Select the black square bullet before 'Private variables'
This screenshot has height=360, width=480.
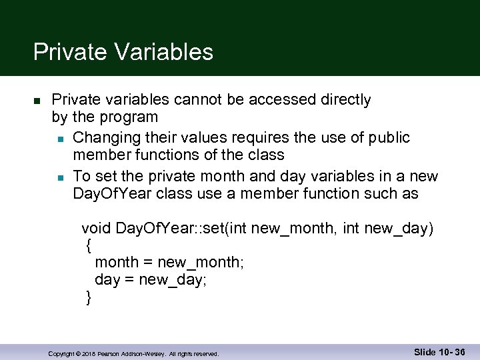click(x=38, y=101)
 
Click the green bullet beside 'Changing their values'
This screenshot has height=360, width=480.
click(x=60, y=139)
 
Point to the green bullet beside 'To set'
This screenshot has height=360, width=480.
click(x=60, y=177)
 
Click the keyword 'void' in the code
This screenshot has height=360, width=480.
click(x=96, y=229)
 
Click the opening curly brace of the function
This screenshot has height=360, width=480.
click(x=89, y=245)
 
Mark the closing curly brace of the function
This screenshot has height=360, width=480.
click(x=89, y=297)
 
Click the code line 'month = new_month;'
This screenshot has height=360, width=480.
click(x=169, y=263)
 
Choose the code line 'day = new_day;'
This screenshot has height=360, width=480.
click(x=151, y=280)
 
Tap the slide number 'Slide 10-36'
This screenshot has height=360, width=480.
click(x=439, y=352)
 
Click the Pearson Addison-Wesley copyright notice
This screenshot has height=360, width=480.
click(x=133, y=353)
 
